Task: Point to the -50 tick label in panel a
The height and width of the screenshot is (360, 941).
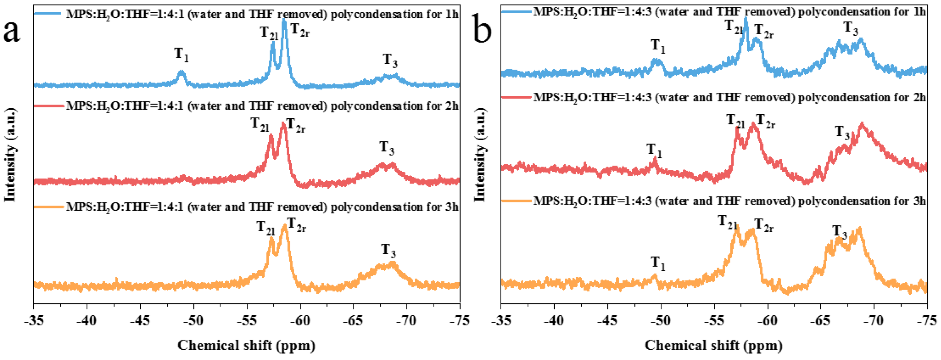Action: click(194, 321)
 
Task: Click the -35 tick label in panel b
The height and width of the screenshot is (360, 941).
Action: click(501, 321)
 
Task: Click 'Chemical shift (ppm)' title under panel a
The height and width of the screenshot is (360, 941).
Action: click(246, 345)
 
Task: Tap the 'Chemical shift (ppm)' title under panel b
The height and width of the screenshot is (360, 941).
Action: click(713, 345)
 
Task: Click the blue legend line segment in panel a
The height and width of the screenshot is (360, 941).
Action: click(48, 13)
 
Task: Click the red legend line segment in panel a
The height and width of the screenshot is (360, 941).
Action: click(49, 106)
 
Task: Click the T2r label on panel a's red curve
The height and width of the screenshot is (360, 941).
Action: click(295, 126)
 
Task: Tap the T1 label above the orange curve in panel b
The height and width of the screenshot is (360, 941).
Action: click(658, 263)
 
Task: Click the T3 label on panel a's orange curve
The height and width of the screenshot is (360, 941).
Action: click(389, 251)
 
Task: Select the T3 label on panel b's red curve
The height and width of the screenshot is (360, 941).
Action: click(843, 133)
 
